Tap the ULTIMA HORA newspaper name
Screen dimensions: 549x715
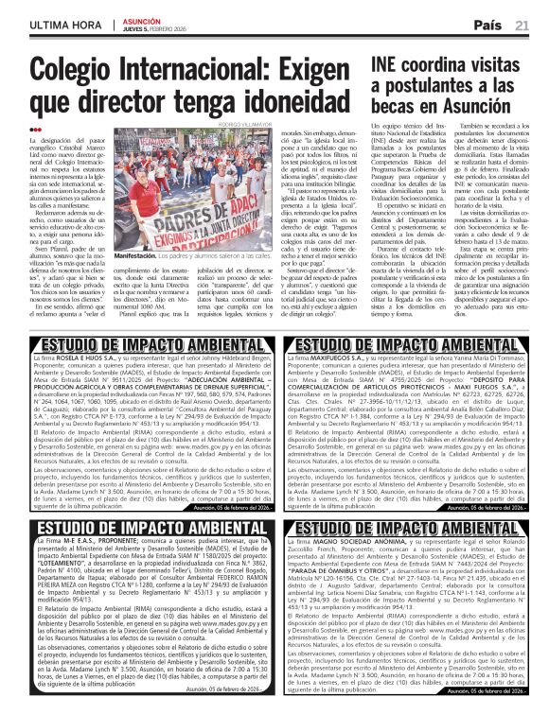[58, 24]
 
